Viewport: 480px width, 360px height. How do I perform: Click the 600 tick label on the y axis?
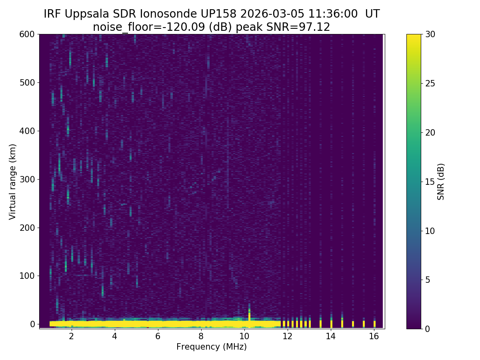click(28, 34)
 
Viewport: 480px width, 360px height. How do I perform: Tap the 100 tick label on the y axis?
click(28, 276)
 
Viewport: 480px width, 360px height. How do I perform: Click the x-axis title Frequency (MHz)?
click(212, 347)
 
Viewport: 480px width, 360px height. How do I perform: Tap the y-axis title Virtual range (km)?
click(13, 182)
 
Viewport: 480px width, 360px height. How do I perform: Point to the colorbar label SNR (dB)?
click(441, 182)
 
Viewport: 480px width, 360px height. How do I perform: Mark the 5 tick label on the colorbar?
click(427, 280)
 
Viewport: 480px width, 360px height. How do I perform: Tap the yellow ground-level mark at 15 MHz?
click(353, 323)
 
